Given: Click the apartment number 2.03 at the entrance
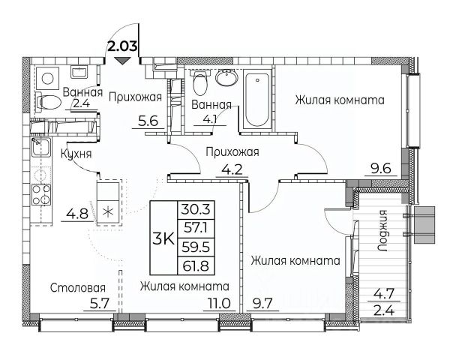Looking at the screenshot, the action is click(x=121, y=46).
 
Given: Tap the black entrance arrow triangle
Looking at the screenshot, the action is click(x=123, y=61).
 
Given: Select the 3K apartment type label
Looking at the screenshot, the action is click(x=163, y=238).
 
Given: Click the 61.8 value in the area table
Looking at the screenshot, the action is click(x=196, y=265).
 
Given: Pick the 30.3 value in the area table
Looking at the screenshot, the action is click(x=196, y=209).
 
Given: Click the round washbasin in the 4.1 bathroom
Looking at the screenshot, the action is click(x=226, y=77).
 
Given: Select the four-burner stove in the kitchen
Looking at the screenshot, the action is click(x=41, y=195).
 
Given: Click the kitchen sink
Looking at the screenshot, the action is click(x=41, y=147).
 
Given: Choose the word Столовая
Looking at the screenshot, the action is click(x=78, y=288).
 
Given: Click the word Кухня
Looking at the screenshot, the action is click(x=76, y=154).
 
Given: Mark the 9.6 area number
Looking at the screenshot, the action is click(x=381, y=169).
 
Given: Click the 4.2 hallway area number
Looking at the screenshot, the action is click(x=232, y=169).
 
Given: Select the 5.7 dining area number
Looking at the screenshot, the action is click(x=100, y=303).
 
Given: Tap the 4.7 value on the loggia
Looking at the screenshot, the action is click(x=384, y=294).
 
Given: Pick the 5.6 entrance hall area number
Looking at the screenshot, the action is click(x=148, y=121).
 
